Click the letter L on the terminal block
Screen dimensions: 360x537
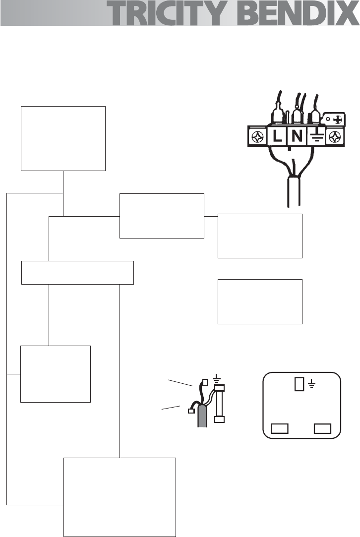coord(277,136)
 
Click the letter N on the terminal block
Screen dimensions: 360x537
coord(297,136)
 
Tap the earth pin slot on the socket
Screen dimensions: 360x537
coord(299,384)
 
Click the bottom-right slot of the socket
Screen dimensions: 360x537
coord(323,428)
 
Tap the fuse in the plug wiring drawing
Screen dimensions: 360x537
coord(219,402)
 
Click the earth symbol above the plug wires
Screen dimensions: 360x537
coord(216,378)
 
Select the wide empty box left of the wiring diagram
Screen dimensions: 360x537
coord(78,272)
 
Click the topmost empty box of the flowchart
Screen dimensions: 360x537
coord(63,138)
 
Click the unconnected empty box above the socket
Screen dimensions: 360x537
coord(260,301)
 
